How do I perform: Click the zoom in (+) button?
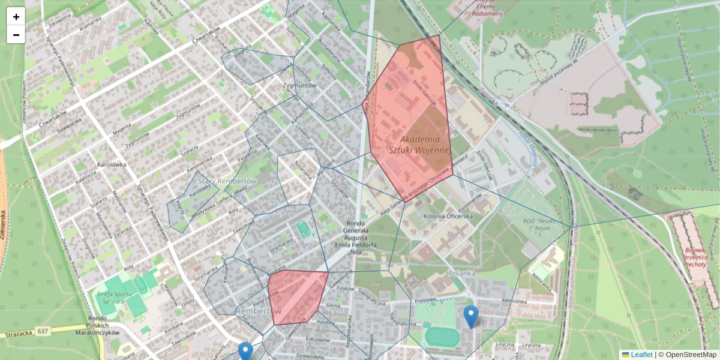click(16, 17)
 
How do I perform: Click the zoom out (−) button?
click(16, 35)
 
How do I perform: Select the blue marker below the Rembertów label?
click(245, 351)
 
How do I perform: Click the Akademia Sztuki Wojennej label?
click(419, 144)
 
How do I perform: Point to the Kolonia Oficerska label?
click(448, 216)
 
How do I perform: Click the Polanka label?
click(461, 273)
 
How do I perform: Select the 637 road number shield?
click(43, 331)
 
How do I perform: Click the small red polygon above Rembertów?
click(296, 296)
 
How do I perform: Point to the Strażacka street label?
click(17, 334)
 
